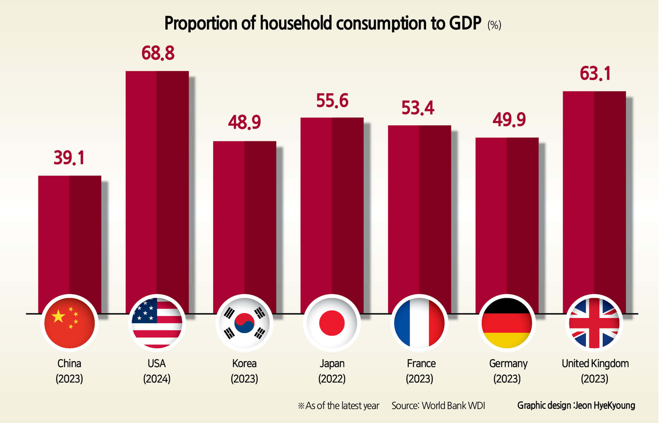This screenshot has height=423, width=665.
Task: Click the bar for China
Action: (70, 239)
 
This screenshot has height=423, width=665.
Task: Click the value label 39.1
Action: (70, 158)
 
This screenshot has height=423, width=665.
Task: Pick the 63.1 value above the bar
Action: (594, 73)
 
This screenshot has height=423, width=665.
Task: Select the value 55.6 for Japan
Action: (332, 100)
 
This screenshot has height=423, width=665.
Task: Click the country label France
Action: (419, 364)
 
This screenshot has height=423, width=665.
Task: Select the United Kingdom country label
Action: (595, 364)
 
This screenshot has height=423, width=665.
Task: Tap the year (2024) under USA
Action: (157, 379)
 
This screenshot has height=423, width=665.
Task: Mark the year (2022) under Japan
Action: (332, 379)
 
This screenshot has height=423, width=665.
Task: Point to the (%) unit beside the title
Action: (494, 25)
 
